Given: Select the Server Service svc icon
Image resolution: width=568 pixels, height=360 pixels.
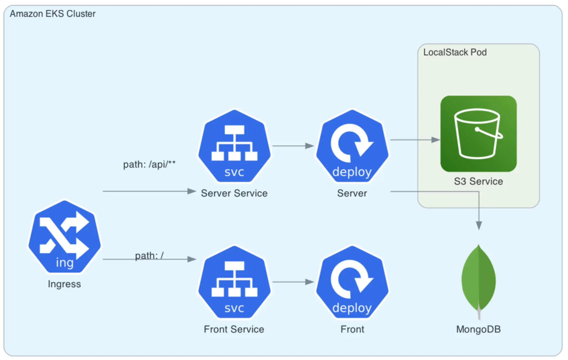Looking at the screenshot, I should [x=234, y=146].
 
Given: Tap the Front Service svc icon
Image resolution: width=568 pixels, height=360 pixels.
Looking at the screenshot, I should [x=234, y=282].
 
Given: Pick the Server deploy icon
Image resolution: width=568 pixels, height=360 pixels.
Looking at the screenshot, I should [x=352, y=146].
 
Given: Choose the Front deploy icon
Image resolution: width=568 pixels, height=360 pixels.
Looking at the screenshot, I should [x=352, y=282].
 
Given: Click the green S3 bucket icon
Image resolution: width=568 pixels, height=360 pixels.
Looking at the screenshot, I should [x=478, y=134].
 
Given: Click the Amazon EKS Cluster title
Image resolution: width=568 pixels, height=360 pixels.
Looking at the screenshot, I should [x=53, y=14].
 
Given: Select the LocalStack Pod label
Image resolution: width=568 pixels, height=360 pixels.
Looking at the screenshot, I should [x=455, y=52].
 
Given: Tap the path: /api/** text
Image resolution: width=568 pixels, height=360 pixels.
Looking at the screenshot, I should [x=149, y=164].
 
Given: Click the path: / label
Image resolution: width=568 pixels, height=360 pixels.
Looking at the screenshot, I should [x=149, y=255].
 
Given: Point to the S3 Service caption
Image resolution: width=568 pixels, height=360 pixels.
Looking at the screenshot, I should [x=478, y=181].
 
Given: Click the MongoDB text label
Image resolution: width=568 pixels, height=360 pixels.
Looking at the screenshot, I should [x=478, y=329].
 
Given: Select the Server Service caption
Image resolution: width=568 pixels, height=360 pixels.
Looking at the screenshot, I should [x=234, y=193].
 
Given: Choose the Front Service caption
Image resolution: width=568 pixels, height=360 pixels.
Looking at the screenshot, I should [x=234, y=329].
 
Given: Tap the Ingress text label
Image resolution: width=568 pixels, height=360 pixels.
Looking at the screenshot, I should [x=64, y=284].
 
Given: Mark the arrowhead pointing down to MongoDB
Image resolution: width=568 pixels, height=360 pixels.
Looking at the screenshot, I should [x=479, y=225].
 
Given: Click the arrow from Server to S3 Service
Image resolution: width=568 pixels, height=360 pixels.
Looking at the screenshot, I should [x=415, y=140].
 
